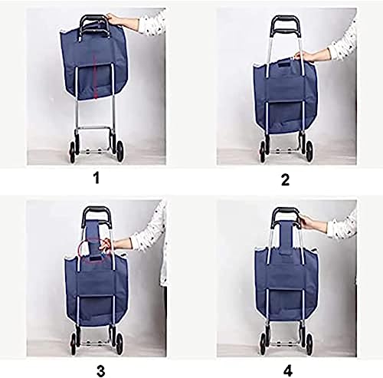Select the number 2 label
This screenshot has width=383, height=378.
285,181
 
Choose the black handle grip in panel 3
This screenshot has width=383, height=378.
97,212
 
